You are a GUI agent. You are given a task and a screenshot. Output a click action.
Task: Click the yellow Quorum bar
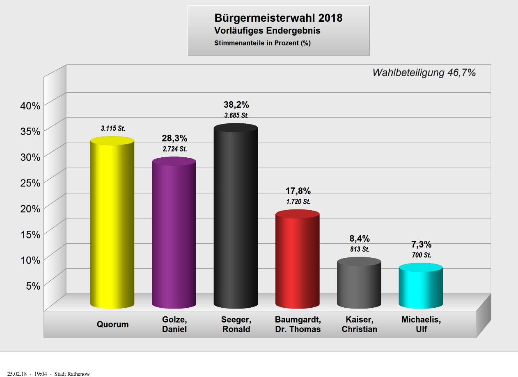pyautogui.click(x=112, y=223)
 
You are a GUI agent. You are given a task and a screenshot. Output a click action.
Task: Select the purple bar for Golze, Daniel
pyautogui.click(x=174, y=234)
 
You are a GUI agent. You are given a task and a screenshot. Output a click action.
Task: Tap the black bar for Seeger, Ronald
pyautogui.click(x=236, y=217)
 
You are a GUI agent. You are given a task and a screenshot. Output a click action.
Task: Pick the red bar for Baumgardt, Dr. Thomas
pyautogui.click(x=297, y=260)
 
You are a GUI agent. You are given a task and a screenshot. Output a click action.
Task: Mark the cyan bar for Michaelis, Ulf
pyautogui.click(x=421, y=287)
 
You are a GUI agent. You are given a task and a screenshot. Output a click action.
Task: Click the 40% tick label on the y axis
pyautogui.click(x=30, y=106)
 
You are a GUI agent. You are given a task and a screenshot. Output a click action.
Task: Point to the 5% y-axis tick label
pyautogui.click(x=33, y=286)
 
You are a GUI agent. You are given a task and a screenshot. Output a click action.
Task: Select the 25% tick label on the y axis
pyautogui.click(x=30, y=183)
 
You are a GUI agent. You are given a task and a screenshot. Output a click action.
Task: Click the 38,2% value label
pyautogui.click(x=236, y=105)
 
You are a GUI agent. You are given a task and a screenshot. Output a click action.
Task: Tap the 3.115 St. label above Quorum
pyautogui.click(x=113, y=129)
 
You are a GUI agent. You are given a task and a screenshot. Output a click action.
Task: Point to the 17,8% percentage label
pyautogui.click(x=298, y=191)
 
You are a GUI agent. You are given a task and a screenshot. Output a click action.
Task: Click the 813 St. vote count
pyautogui.click(x=360, y=249)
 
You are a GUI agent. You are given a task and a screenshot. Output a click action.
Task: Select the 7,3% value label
pyautogui.click(x=421, y=245)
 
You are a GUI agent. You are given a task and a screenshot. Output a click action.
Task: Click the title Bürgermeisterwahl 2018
pyautogui.click(x=278, y=18)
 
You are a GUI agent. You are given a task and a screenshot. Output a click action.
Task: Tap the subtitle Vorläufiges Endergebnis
pyautogui.click(x=267, y=31)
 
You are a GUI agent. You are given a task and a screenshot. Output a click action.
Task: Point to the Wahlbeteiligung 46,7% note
pyautogui.click(x=424, y=73)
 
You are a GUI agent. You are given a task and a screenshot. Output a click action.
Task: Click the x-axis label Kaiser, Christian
pyautogui.click(x=359, y=325)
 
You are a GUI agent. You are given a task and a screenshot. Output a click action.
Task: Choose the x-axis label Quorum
pyautogui.click(x=112, y=325)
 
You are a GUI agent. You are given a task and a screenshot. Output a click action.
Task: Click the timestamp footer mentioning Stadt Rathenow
pyautogui.click(x=48, y=374)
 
